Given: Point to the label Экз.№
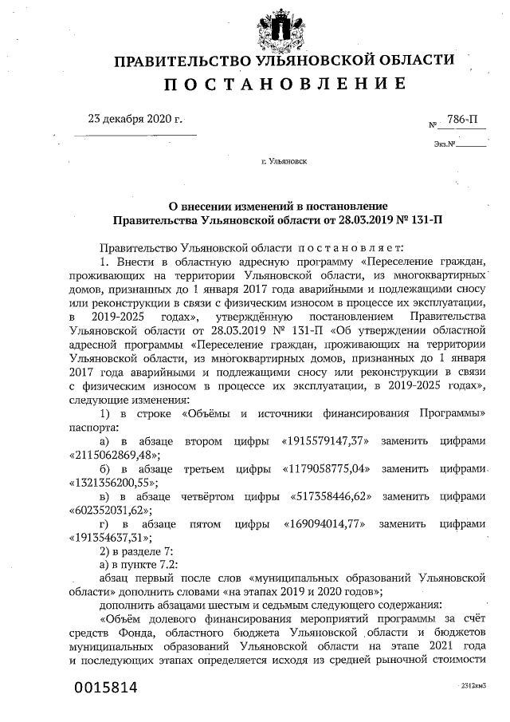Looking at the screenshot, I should point(445,144).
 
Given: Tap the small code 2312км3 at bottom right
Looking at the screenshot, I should point(473,686).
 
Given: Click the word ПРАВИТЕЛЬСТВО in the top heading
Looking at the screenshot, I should point(183,61).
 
